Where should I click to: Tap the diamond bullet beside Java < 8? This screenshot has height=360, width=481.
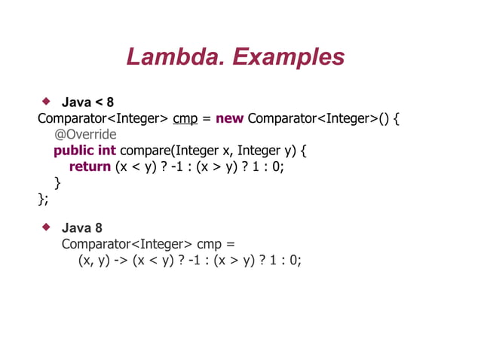46,100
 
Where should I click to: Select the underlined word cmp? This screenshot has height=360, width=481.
185,118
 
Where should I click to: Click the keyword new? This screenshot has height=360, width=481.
229,118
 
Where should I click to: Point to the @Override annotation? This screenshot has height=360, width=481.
85,135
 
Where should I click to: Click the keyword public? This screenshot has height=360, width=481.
73,151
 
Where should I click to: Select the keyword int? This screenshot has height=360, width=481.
106,151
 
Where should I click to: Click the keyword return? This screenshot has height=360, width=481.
90,166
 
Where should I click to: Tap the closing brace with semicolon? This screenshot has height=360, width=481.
43,198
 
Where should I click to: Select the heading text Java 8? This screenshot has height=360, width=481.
81,227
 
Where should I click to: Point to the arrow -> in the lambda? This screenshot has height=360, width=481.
121,260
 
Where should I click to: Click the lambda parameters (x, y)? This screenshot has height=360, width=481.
93,260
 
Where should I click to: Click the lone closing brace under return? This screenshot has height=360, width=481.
57,182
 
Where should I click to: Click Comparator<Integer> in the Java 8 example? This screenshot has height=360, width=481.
126,244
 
